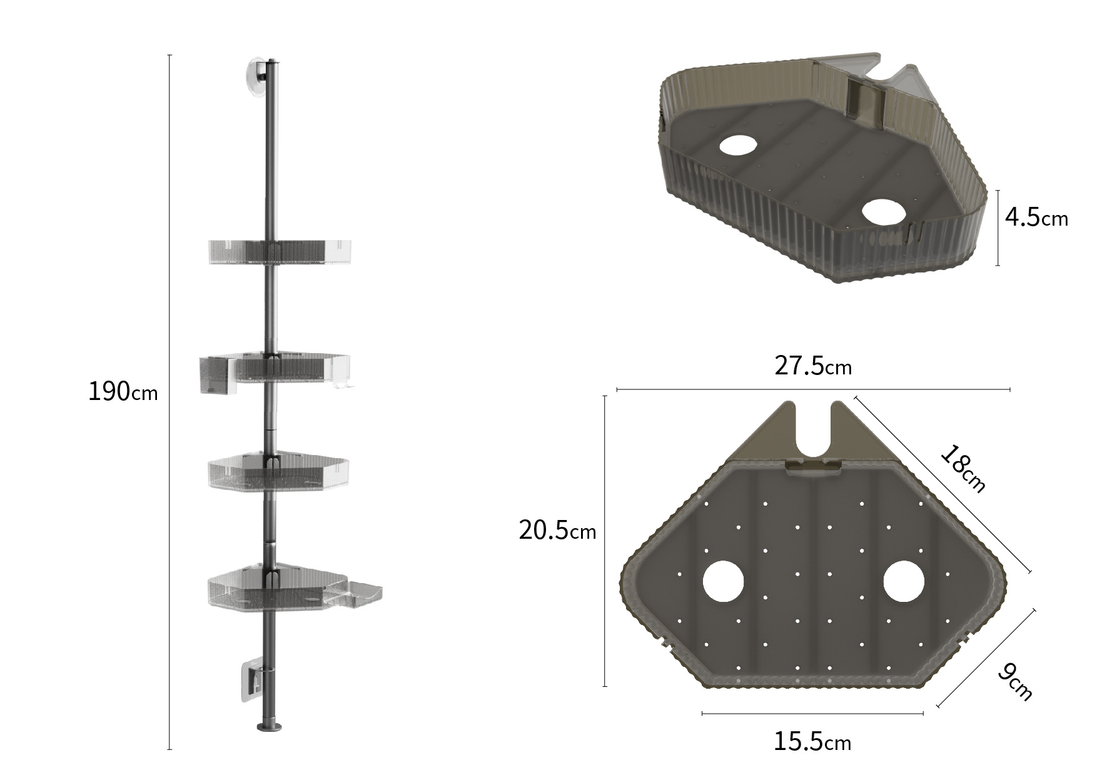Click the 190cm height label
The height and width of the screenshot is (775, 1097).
123,392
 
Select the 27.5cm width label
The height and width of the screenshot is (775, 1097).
813,366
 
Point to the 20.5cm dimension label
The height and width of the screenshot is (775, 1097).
557,531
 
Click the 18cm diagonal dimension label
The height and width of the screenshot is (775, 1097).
963,469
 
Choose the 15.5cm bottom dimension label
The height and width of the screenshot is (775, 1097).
812,742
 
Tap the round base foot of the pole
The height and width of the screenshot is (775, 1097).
270,726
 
